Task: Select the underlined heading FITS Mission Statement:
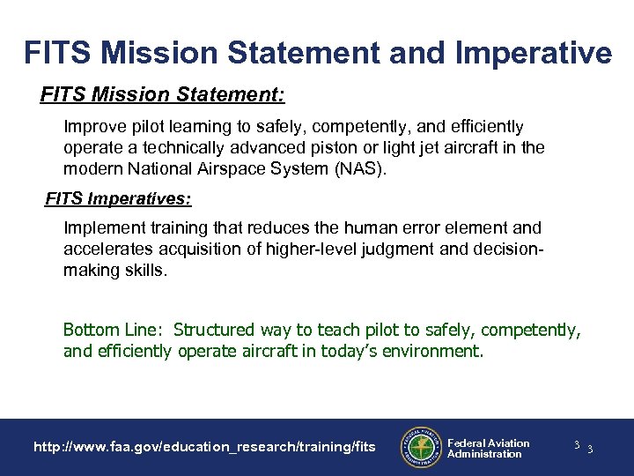(162, 93)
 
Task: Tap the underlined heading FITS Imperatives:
(118, 199)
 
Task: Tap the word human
(365, 228)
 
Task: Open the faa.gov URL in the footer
(204, 448)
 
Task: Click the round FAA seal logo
(420, 446)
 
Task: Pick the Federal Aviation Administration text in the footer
(488, 448)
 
